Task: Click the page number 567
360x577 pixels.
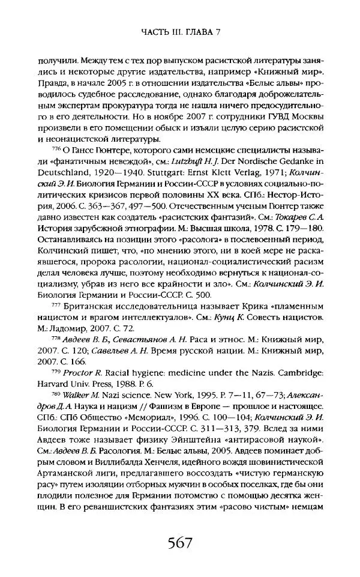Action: [179, 544]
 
